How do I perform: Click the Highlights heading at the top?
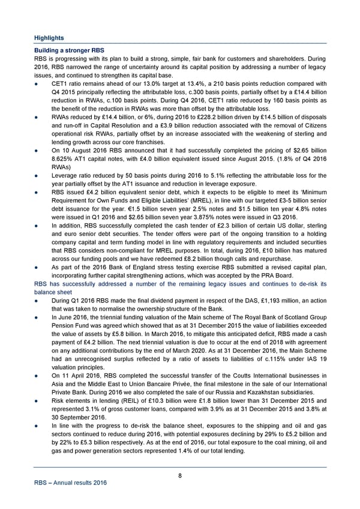49,38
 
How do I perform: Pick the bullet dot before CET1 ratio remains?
38,84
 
